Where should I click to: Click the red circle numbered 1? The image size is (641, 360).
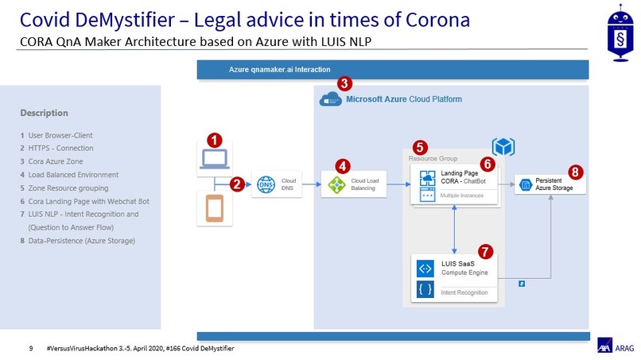pyautogui.click(x=214, y=140)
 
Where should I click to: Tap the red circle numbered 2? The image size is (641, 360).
pyautogui.click(x=236, y=184)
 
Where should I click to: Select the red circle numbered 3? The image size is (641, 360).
pyautogui.click(x=344, y=83)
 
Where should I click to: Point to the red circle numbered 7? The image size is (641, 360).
pyautogui.click(x=485, y=252)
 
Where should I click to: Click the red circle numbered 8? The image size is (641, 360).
pyautogui.click(x=576, y=172)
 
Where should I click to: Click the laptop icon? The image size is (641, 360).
pyautogui.click(x=214, y=159)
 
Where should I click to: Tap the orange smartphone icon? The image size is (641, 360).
pyautogui.click(x=214, y=208)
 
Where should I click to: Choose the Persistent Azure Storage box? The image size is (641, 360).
pyautogui.click(x=550, y=184)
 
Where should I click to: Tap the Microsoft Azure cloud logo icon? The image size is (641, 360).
pyautogui.click(x=329, y=99)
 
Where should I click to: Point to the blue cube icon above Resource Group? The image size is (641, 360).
pyautogui.click(x=503, y=146)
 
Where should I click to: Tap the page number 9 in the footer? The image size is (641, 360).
pyautogui.click(x=31, y=348)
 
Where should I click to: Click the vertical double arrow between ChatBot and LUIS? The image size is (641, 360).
pyautogui.click(x=453, y=229)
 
